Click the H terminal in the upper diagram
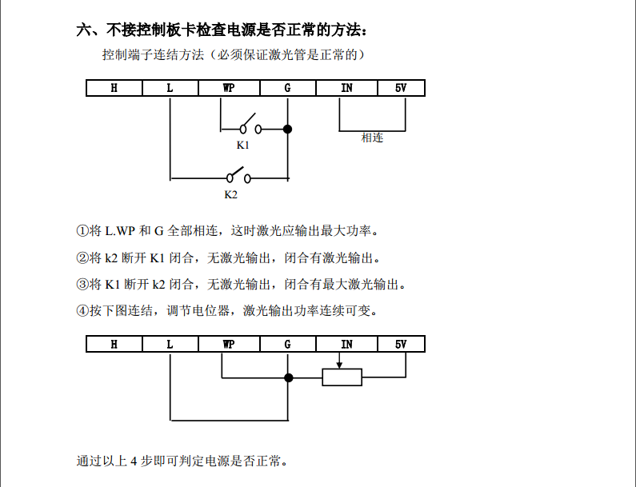pyautogui.click(x=114, y=88)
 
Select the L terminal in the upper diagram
pyautogui.click(x=170, y=88)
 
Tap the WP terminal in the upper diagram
pyautogui.click(x=229, y=88)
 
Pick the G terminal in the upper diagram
pyautogui.click(x=287, y=88)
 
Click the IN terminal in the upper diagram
pyautogui.click(x=346, y=88)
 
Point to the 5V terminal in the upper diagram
pyautogui.click(x=401, y=88)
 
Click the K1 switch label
pyautogui.click(x=242, y=146)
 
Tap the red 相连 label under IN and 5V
pyautogui.click(x=372, y=138)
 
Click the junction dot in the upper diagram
pyautogui.click(x=288, y=128)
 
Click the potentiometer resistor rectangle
pyautogui.click(x=342, y=377)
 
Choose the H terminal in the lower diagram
pyautogui.click(x=114, y=345)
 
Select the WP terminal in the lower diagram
pyautogui.click(x=229, y=345)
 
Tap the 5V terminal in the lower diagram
pyautogui.click(x=401, y=345)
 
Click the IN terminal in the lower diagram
pyautogui.click(x=346, y=345)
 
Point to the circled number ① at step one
pyautogui.click(x=82, y=231)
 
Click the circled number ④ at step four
pyautogui.click(x=82, y=310)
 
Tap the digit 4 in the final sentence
pyautogui.click(x=134, y=461)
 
